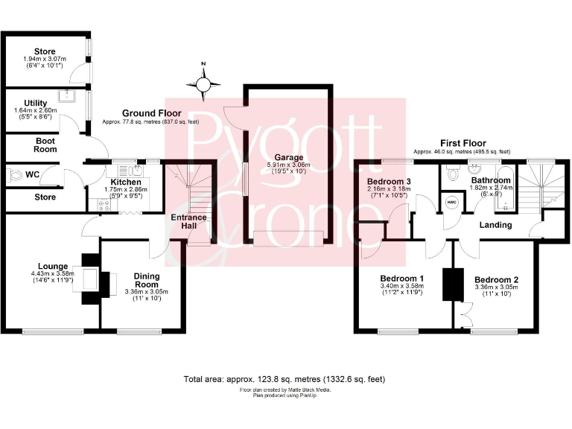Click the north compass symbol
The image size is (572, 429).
(203, 85)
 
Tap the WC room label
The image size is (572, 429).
(32, 175)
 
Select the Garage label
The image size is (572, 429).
(288, 157)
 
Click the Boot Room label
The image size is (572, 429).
(46, 144)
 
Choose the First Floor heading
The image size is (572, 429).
(463, 143)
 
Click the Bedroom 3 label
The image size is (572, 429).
(389, 182)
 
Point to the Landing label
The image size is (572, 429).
(495, 225)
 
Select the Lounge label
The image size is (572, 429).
(53, 266)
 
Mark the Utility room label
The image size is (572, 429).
(35, 104)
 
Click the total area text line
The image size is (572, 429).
(285, 379)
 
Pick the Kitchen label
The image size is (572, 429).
(125, 182)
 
